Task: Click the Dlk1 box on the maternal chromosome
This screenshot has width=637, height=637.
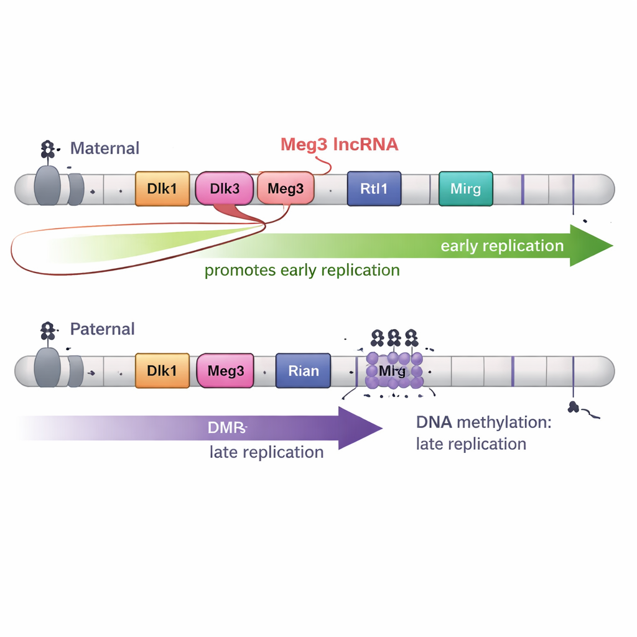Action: click(x=162, y=188)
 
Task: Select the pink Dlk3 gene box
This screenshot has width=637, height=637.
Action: click(x=225, y=188)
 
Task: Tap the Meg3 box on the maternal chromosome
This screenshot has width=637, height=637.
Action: click(x=286, y=188)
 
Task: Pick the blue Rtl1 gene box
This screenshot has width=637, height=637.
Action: click(x=374, y=188)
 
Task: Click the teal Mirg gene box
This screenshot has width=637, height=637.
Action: click(x=465, y=188)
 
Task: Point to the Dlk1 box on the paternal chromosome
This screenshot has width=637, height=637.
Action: click(x=162, y=371)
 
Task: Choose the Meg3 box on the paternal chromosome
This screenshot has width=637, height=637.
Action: click(x=226, y=371)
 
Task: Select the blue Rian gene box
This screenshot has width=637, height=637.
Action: click(x=303, y=371)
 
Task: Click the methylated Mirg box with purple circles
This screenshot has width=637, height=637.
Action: click(x=393, y=371)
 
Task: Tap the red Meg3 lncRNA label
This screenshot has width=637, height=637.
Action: click(x=339, y=145)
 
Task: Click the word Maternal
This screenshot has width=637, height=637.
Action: click(x=105, y=148)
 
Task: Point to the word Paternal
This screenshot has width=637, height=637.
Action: click(x=102, y=328)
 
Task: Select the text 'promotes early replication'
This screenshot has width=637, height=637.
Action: click(x=302, y=271)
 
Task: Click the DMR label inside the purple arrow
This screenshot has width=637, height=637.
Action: click(x=228, y=428)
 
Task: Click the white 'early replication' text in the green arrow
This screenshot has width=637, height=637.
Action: click(x=502, y=246)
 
